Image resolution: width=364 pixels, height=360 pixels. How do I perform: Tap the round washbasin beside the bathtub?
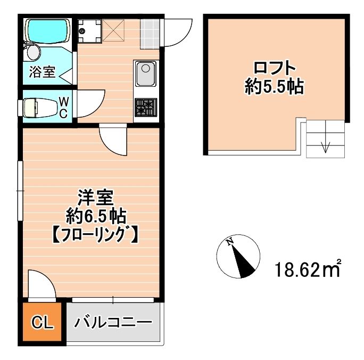coord(34,53)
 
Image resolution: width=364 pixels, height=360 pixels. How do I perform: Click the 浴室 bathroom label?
coord(43,72)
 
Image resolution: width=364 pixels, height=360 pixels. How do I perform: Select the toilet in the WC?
coord(39,107)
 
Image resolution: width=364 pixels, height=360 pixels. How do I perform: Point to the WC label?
coord(63,107)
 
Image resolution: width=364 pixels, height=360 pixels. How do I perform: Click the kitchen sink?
coord(145,73)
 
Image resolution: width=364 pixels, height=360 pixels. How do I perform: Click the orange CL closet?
coord(42,323)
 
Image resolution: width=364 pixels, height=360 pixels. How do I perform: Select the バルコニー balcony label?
coord(113,323)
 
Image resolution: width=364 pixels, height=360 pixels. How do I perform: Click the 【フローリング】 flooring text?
coord(95,234)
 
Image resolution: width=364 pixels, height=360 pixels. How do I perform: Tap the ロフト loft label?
coord(274,69)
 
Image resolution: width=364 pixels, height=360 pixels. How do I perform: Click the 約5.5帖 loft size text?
coord(274,87)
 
